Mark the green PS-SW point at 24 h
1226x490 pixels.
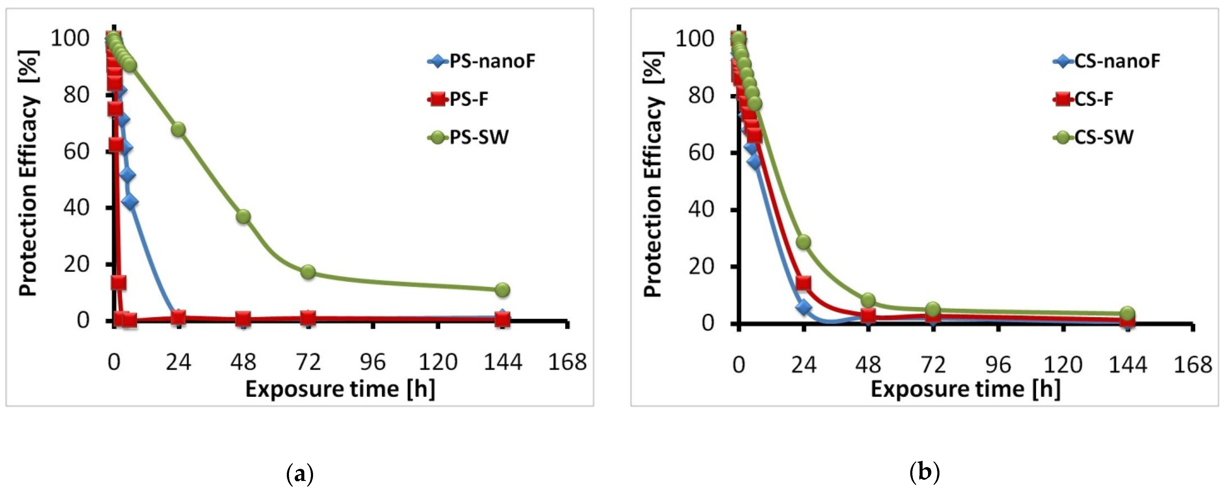pyautogui.click(x=178, y=130)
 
